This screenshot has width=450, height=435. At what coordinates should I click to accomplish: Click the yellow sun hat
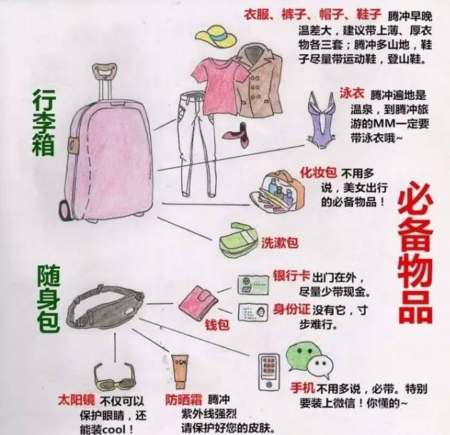point(216,37)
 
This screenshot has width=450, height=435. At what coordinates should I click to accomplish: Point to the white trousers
point(197,143)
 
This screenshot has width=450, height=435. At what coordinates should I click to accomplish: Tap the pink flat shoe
point(237,135)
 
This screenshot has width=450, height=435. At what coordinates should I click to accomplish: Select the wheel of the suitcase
point(64,210)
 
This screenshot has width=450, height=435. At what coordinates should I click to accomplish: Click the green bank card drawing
point(253,285)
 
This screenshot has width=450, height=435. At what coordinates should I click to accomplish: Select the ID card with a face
point(253,312)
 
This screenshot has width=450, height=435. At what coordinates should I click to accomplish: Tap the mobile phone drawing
point(269,372)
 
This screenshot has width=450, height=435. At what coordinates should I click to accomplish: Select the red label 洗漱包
point(280,242)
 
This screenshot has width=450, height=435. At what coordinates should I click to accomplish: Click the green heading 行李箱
point(44,122)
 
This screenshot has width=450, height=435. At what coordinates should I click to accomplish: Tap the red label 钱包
point(217,325)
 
